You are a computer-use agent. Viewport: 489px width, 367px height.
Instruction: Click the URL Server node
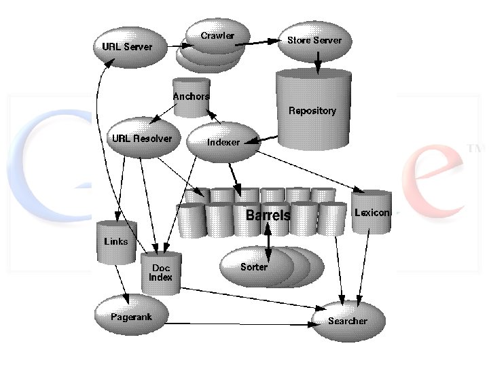point(128,47)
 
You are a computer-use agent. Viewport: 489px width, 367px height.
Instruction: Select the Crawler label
point(217,36)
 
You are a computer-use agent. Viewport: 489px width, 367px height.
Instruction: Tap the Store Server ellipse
point(314,40)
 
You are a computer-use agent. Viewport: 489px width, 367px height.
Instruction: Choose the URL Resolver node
point(141,139)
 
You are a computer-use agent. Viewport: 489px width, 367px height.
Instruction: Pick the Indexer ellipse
point(223,142)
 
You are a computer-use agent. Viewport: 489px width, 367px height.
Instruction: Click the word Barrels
point(268,215)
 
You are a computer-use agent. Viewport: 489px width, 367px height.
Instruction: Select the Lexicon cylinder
point(372,213)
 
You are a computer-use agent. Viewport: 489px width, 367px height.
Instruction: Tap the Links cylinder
point(116,241)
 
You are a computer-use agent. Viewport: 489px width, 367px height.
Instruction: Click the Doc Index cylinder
point(161,273)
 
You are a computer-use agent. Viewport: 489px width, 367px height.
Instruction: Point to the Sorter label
point(254,266)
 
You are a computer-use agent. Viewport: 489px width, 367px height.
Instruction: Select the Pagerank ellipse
point(132,317)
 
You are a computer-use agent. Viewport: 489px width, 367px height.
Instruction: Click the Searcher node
point(348,321)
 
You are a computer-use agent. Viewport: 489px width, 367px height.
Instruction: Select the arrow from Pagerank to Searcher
point(238,324)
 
